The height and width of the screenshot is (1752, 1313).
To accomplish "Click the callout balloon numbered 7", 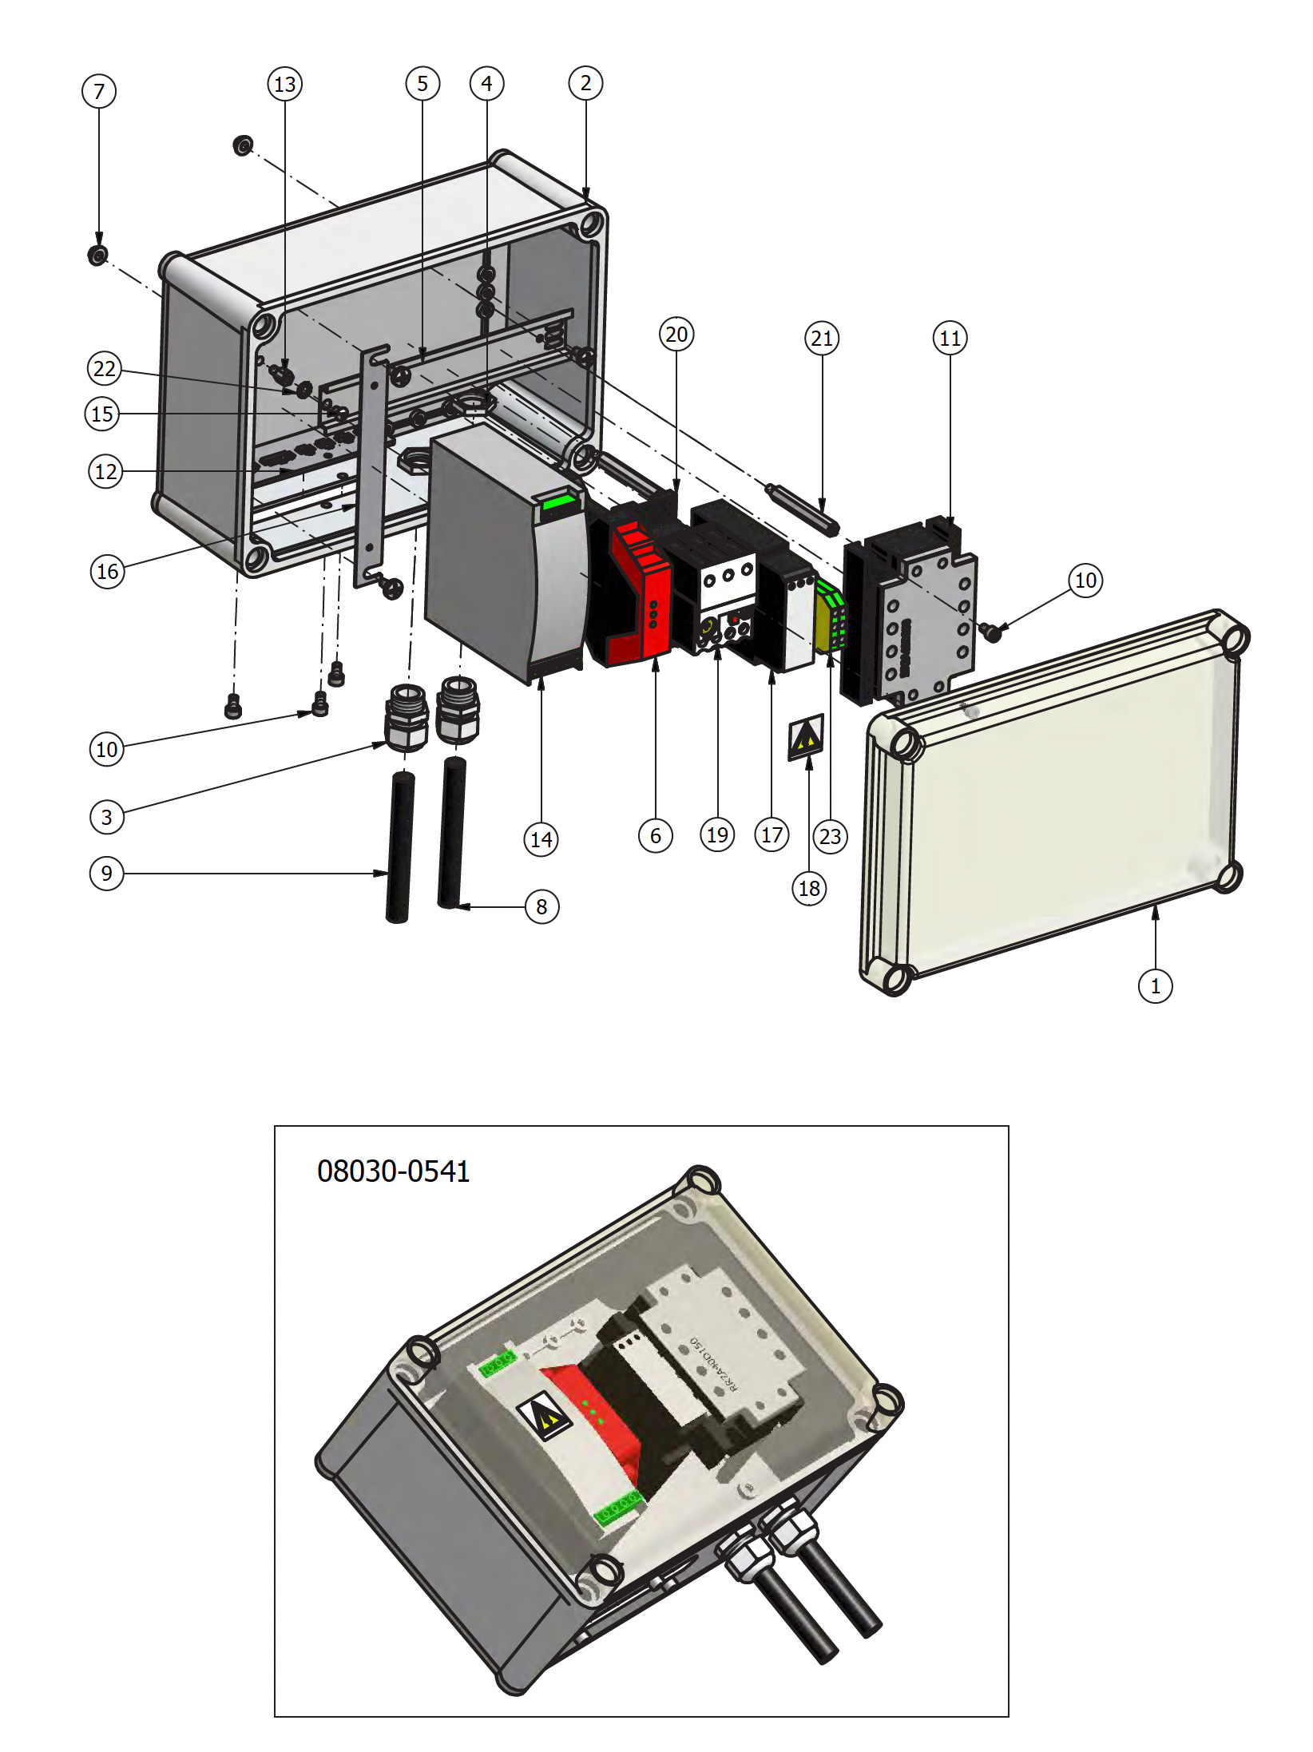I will pos(99,91).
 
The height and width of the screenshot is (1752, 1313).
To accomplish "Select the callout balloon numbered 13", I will pos(284,84).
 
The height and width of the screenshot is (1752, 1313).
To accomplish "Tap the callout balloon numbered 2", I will pos(585,83).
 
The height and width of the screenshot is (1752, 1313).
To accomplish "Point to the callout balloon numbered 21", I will pos(822,339).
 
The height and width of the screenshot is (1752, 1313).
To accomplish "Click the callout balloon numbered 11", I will pos(950,339).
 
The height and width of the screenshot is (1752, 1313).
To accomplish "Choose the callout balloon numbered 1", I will pos(1155,986).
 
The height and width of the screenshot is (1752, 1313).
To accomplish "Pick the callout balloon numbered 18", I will pos(809,888).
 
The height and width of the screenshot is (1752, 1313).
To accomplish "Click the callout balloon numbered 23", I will pos(830,836).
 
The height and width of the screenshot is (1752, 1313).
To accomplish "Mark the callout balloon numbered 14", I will pos(541,839).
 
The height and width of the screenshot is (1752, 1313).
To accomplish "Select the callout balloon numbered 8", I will pos(541,906).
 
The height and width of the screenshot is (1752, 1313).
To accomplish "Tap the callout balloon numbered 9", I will pos(106,873).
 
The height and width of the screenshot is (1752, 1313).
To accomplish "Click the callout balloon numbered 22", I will pos(104,369).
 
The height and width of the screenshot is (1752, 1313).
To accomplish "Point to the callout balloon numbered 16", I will pos(107,571).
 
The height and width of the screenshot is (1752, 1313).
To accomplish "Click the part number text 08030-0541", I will pos(393,1171).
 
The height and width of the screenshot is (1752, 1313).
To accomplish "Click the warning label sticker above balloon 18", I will pos(806,737).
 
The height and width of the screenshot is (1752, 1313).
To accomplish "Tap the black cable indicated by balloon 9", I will pos(399,846).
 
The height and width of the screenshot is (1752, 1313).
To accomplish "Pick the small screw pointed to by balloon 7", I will pos(97,256).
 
